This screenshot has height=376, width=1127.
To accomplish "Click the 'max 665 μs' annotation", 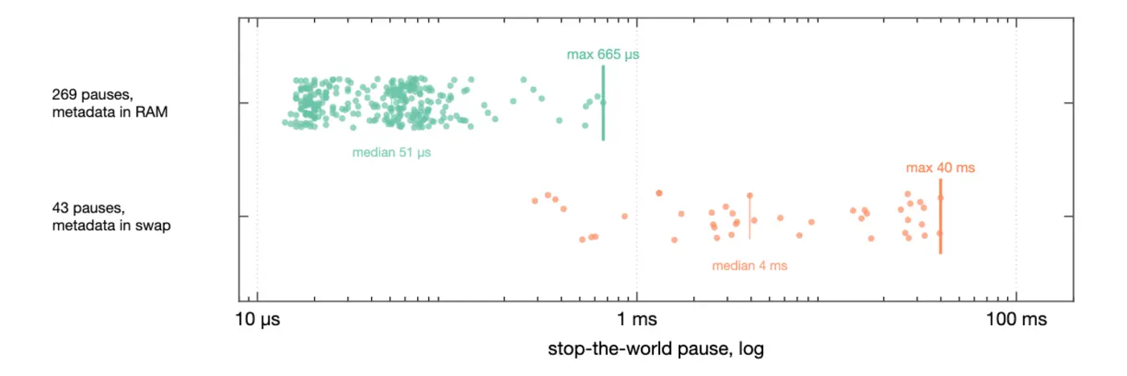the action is [x=603, y=55].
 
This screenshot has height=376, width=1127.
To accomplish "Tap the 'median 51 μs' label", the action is [x=391, y=152].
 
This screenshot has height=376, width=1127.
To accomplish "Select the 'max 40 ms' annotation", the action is [x=940, y=167].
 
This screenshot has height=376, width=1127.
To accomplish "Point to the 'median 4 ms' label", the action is [x=749, y=265].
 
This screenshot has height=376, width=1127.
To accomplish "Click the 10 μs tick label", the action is [x=258, y=319].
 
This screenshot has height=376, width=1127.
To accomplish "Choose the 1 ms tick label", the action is [x=637, y=319].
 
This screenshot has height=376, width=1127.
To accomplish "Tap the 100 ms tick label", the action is [x=1016, y=319].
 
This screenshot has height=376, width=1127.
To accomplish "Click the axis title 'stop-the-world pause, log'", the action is [x=655, y=349].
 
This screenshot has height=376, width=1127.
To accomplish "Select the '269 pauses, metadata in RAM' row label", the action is [x=109, y=103].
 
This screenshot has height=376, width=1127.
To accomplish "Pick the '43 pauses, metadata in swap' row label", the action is [x=111, y=217].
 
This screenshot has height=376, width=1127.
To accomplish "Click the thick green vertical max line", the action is [x=603, y=103].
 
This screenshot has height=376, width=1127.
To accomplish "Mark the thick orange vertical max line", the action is [x=940, y=216].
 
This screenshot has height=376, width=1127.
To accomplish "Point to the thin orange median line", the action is [x=749, y=217].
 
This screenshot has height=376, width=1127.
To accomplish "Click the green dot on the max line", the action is [x=603, y=103].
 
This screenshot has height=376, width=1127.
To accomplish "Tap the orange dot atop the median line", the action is [x=749, y=196].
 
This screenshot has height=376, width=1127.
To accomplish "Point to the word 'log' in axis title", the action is [x=751, y=349].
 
